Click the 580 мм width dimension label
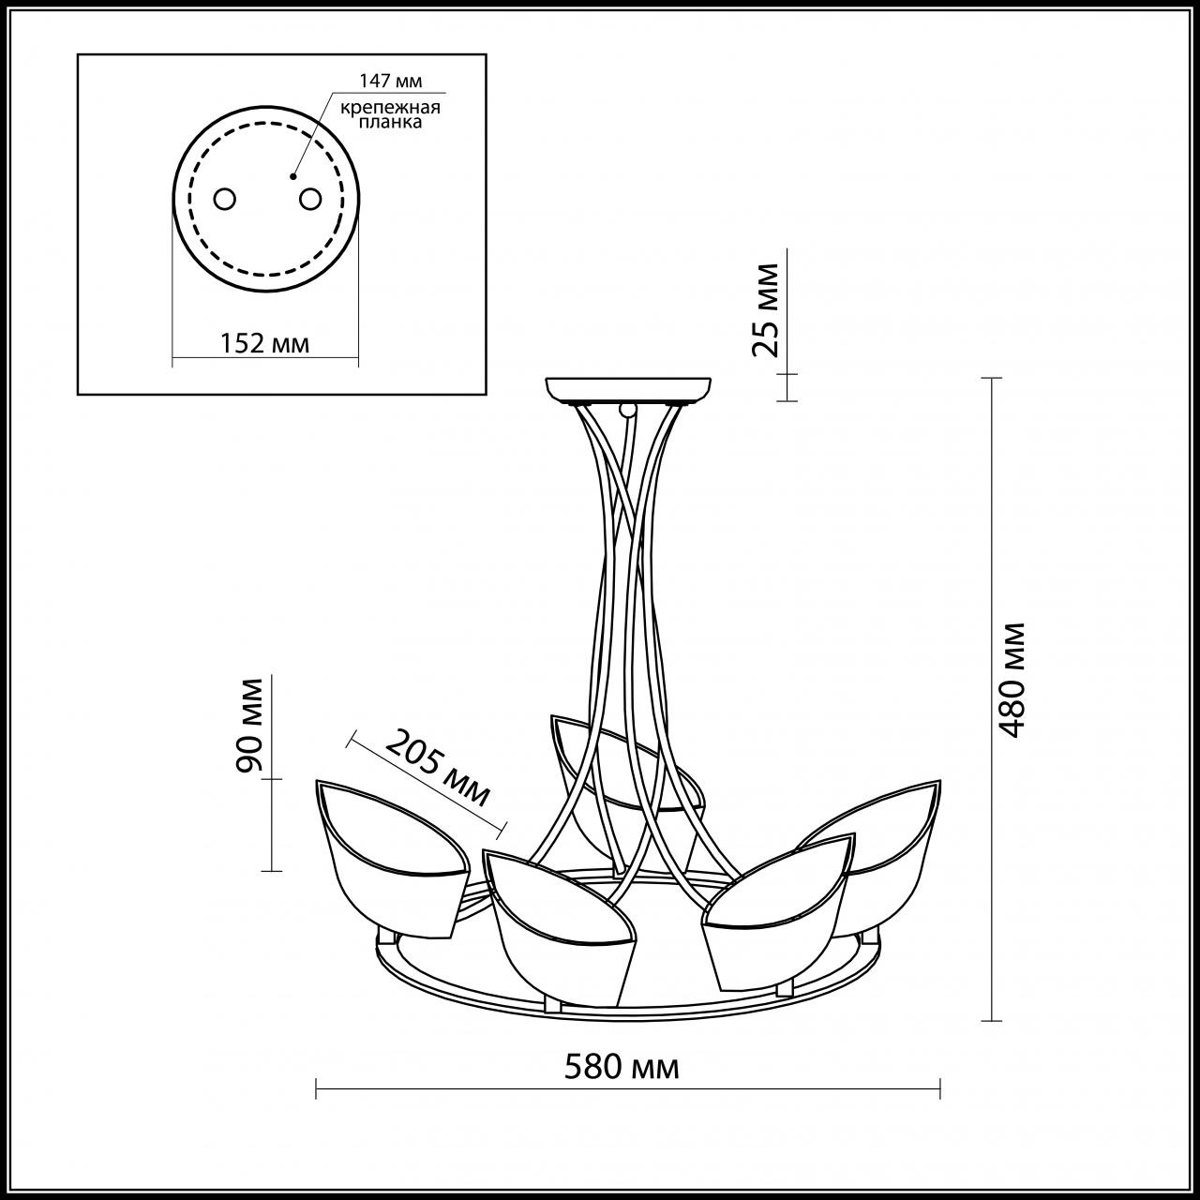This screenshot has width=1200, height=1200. [x=622, y=1066]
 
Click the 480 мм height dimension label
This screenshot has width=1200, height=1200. [x=1012, y=679]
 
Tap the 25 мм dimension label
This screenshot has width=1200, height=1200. [x=766, y=309]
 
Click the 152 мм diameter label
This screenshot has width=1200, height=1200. [x=264, y=343]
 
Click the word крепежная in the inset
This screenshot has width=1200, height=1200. [x=391, y=107]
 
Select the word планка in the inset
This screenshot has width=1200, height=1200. [x=391, y=123]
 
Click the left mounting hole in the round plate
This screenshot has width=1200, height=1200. [x=225, y=199]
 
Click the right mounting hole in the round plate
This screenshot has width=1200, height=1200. [x=309, y=199]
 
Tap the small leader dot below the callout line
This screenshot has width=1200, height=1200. [x=293, y=175]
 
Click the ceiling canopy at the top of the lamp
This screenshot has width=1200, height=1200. [x=628, y=389]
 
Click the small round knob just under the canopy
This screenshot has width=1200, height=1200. [x=626, y=410]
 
